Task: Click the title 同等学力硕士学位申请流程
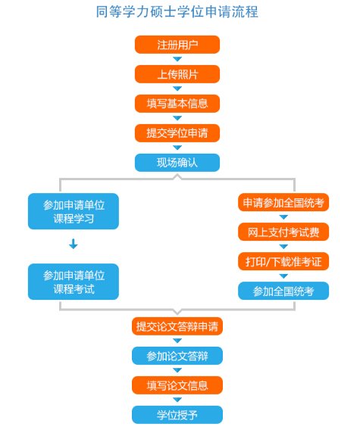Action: click(x=177, y=12)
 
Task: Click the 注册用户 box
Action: click(x=177, y=45)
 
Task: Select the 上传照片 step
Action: click(x=177, y=74)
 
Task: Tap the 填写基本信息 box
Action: click(x=177, y=104)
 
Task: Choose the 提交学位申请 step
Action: click(x=177, y=133)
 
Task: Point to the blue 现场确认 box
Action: click(x=177, y=163)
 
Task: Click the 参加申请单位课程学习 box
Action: click(x=74, y=211)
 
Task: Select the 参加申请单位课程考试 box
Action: click(x=74, y=282)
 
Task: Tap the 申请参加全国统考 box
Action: click(x=283, y=202)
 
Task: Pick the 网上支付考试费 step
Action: click(x=283, y=232)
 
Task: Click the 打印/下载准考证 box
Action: click(x=283, y=261)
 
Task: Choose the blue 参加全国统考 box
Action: click(x=283, y=291)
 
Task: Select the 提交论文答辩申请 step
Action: click(x=177, y=326)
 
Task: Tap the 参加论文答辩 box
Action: click(x=177, y=356)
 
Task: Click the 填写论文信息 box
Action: click(x=177, y=385)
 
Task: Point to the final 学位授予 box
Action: click(x=177, y=415)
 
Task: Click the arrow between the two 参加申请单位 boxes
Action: click(x=74, y=244)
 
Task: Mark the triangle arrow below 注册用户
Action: click(x=177, y=59)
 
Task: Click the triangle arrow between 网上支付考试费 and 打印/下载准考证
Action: click(x=283, y=247)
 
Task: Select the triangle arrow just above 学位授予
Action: click(x=177, y=400)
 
